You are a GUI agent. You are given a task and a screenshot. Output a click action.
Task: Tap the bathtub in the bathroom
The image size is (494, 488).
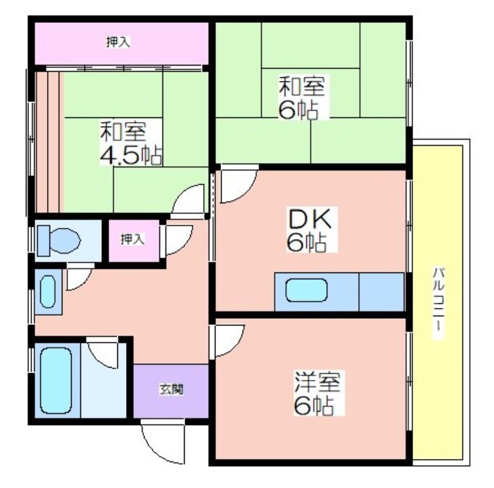56,379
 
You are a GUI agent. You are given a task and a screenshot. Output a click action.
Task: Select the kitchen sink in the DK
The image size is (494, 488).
306,290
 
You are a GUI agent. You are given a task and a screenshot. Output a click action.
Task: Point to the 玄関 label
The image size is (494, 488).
171,390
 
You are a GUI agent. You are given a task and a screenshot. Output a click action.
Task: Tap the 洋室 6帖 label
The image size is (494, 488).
316,393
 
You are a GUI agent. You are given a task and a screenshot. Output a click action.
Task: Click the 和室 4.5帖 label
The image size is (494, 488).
130,143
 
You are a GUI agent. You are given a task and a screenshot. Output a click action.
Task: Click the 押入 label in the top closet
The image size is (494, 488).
117,42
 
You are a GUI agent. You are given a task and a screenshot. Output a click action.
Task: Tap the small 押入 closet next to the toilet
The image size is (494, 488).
133,238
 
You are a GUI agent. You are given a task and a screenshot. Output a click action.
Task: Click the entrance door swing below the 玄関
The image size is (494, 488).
164,440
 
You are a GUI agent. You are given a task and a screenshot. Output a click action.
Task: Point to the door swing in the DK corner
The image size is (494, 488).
238,184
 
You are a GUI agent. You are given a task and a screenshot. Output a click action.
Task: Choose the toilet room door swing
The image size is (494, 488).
78,276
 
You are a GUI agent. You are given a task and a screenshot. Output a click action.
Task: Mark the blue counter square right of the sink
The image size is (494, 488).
381,291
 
